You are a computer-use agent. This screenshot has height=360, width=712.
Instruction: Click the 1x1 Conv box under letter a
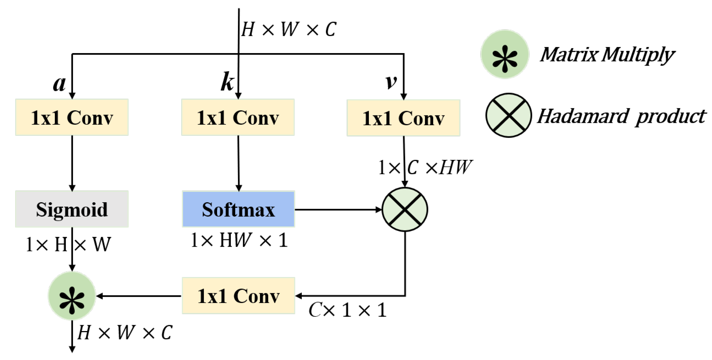coord(72,117)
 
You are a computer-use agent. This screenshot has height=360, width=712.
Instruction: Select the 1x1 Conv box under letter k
coord(238,117)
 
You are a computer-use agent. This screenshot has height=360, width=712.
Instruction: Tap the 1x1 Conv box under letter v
coord(403,118)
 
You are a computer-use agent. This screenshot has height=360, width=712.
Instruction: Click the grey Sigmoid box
coord(72,209)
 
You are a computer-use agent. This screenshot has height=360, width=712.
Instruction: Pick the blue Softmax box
coord(238,209)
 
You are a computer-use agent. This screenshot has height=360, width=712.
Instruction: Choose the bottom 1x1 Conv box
coord(238,296)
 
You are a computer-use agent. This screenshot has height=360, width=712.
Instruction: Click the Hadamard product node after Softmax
coord(405,209)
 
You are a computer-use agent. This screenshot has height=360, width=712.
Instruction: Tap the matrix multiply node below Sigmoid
coord(72,296)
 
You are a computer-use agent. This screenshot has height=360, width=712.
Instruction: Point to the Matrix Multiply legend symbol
coord(505,54)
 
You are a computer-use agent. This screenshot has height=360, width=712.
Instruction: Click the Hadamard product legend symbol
coord(508,115)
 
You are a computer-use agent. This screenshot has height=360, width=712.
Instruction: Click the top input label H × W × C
coord(289,29)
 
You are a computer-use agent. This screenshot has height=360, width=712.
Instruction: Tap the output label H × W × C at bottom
coord(125,332)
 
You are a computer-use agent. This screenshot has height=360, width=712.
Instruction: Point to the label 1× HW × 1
coord(239,240)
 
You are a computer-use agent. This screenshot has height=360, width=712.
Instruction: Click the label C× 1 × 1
coord(347,310)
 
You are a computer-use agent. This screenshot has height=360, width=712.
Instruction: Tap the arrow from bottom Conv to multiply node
coord(139,296)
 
